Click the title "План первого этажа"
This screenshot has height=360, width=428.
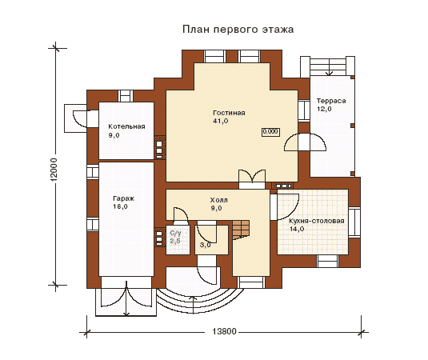click(238, 30)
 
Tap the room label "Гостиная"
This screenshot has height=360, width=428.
click(229, 113)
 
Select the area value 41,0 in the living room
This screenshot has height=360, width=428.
click(221, 121)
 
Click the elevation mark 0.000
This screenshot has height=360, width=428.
click(270, 132)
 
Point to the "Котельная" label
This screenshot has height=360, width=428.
click(126, 126)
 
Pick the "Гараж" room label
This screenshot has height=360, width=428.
click(123, 198)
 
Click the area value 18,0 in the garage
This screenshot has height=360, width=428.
click(120, 206)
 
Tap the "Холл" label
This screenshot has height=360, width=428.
click(218, 200)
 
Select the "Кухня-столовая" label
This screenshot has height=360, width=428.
click(317, 221)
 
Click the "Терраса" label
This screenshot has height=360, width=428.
click(331, 101)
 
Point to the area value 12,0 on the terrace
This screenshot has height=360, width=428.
click(324, 109)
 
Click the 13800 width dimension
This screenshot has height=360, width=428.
click(224, 332)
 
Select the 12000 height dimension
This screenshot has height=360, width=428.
click(54, 170)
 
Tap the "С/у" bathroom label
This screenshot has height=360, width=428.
click(175, 234)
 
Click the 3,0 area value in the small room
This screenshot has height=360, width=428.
click(206, 245)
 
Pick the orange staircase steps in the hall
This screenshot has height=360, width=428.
click(241, 230)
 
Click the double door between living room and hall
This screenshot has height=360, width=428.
click(252, 179)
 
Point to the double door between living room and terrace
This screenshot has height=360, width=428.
click(305, 142)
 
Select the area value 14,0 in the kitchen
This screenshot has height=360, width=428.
click(297, 229)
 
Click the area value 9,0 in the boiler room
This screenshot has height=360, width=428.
click(114, 135)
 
